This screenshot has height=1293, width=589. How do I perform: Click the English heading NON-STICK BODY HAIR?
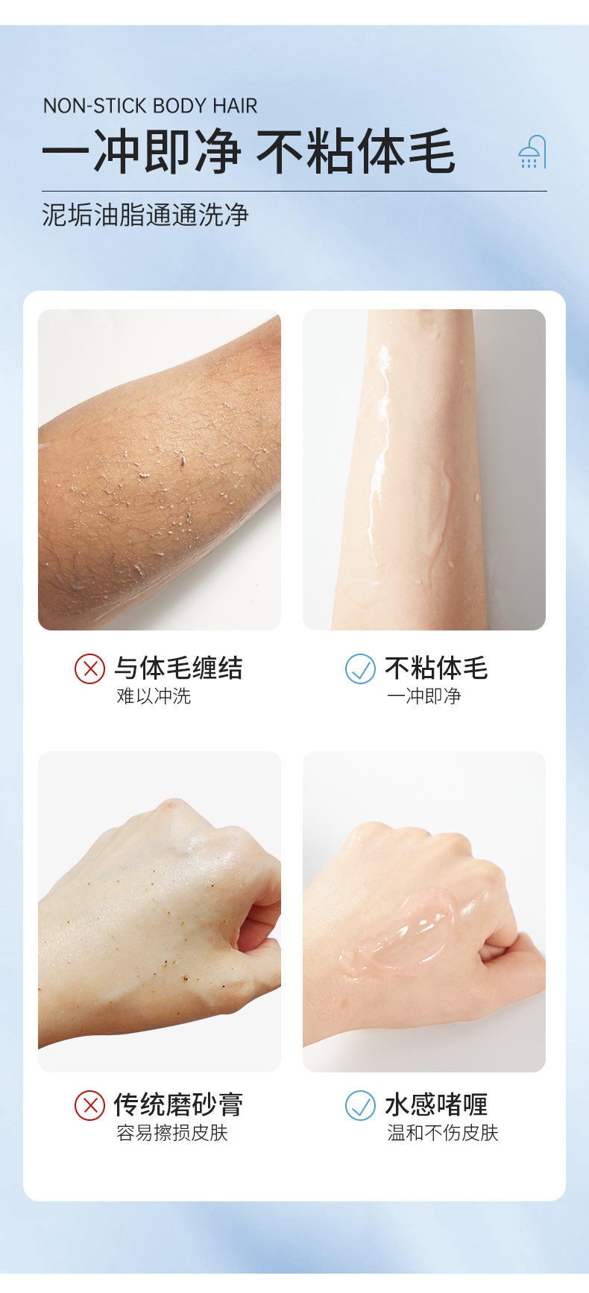[x=150, y=106]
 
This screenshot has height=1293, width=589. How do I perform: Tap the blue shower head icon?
[x=532, y=152]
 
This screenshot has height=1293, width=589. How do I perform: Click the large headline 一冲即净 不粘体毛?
[x=248, y=151]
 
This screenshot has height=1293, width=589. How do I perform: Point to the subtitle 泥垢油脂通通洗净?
[x=145, y=215]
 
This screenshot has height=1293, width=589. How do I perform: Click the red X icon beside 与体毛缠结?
[x=89, y=668]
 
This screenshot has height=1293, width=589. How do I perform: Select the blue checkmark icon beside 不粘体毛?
[x=360, y=668]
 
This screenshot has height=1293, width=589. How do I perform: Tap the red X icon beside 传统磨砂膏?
[x=89, y=1105]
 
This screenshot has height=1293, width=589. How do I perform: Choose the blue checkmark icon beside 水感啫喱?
[x=360, y=1105]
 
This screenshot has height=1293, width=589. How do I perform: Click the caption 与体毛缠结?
[x=178, y=668]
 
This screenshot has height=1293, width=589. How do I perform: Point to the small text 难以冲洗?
[x=154, y=696]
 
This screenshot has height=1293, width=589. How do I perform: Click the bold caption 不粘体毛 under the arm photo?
[x=436, y=668]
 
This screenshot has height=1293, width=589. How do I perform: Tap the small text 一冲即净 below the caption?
[x=424, y=696]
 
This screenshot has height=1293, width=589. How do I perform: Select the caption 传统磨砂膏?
[x=178, y=1104]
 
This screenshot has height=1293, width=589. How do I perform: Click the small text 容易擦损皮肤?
[x=172, y=1133]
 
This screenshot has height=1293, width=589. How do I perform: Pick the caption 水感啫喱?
[x=436, y=1104]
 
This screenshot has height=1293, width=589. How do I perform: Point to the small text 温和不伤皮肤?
[x=443, y=1133]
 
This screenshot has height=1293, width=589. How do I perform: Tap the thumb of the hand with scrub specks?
[x=257, y=954]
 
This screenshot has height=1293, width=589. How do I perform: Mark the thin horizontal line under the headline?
[x=294, y=192]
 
